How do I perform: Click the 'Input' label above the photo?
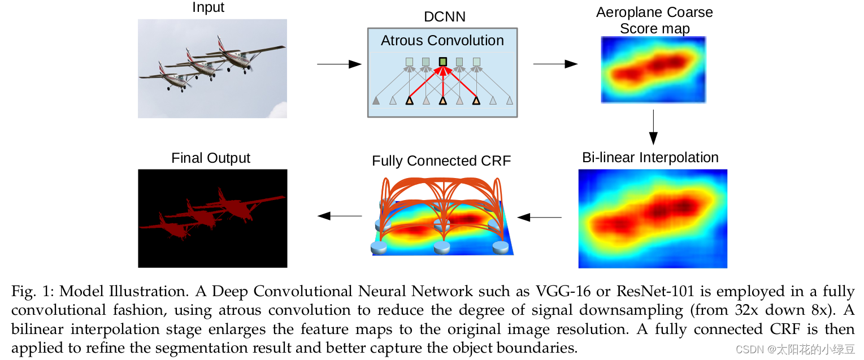tap(209, 7)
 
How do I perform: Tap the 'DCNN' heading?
tap(444, 16)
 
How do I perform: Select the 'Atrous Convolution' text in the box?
tap(442, 41)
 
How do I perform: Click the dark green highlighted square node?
tap(443, 62)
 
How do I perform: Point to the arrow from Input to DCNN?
tap(339, 64)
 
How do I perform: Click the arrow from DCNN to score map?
tap(555, 64)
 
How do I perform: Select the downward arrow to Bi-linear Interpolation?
tap(653, 127)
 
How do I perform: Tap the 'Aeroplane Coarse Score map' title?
tap(654, 20)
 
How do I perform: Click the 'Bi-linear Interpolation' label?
tap(650, 158)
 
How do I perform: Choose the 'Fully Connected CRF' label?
tap(441, 161)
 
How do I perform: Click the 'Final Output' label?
tap(211, 158)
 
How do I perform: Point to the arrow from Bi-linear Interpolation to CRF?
tap(539, 218)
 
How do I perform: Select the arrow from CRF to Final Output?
tap(340, 216)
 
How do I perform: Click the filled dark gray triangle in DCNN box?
tap(376, 101)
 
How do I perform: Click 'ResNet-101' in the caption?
tap(655, 292)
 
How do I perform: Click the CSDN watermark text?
tap(795, 350)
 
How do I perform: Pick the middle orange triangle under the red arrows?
tap(443, 101)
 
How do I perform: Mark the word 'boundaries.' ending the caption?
tap(537, 348)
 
